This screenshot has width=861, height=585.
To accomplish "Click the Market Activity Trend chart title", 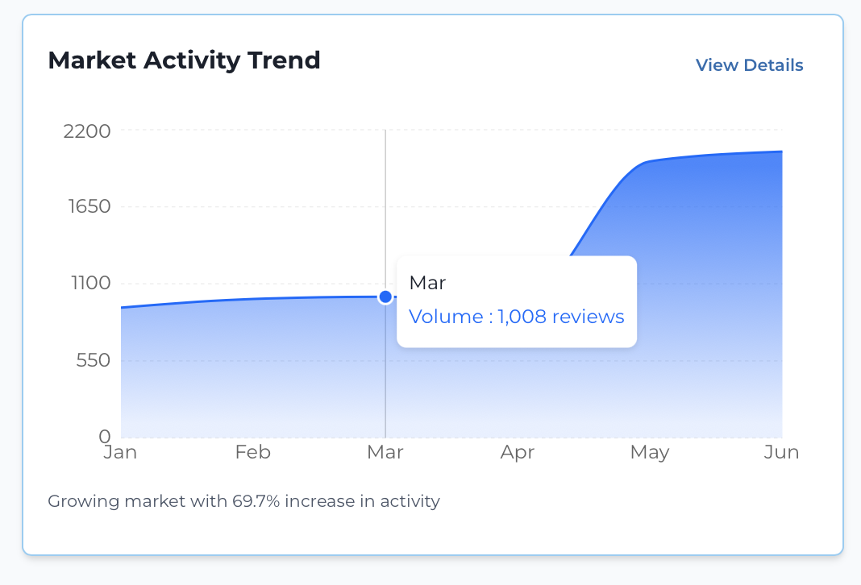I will tap(184, 60).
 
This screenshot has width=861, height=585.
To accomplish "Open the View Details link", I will tap(749, 65).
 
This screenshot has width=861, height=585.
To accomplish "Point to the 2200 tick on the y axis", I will tap(86, 131).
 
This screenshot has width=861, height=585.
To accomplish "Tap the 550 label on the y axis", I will tap(92, 360).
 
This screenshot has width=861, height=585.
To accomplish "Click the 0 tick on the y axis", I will tap(103, 436).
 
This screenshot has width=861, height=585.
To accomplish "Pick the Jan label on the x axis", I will tap(121, 453).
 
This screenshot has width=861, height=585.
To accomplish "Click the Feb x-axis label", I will tap(252, 453).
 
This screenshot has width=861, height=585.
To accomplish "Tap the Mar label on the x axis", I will tap(385, 453).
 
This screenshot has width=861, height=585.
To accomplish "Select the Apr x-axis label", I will tap(517, 453).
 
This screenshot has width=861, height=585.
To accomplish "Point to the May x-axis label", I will tap(650, 453).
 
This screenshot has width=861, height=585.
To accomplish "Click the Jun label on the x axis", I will tap(781, 453).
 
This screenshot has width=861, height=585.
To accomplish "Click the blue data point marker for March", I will tap(385, 297).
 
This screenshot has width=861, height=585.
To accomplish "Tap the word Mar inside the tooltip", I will tap(427, 283).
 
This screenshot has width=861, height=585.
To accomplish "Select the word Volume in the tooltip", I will tap(446, 317).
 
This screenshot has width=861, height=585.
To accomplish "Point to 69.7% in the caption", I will tap(256, 501).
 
